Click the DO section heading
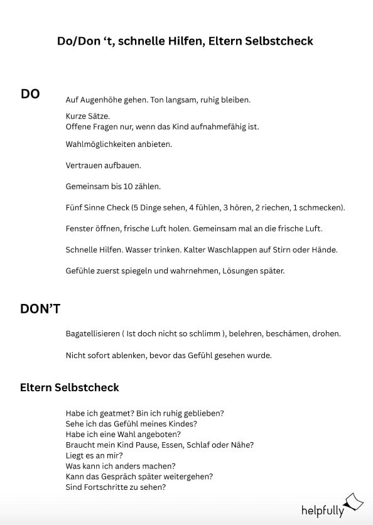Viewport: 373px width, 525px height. pyautogui.click(x=30, y=94)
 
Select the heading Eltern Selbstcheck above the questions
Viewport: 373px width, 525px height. pyautogui.click(x=70, y=387)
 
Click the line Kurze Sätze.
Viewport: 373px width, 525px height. pyautogui.click(x=87, y=116)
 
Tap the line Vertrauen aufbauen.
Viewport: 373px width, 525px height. pyautogui.click(x=103, y=166)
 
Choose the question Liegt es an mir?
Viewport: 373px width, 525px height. pyautogui.click(x=94, y=455)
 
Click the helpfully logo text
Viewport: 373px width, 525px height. pyautogui.click(x=323, y=510)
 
